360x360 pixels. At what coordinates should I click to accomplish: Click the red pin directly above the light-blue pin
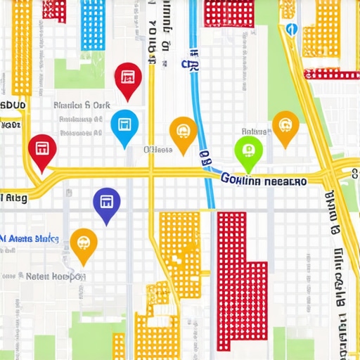click(x=127, y=78)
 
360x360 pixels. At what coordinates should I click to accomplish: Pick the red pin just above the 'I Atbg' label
click(x=41, y=150)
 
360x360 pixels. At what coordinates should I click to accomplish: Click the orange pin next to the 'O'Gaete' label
click(x=183, y=131)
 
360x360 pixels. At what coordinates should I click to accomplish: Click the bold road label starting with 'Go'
click(x=264, y=181)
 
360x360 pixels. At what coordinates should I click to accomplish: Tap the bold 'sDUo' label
click(x=13, y=105)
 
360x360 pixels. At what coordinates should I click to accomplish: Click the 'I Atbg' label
click(x=14, y=198)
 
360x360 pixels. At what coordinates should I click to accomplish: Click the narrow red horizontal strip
click(x=330, y=75)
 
